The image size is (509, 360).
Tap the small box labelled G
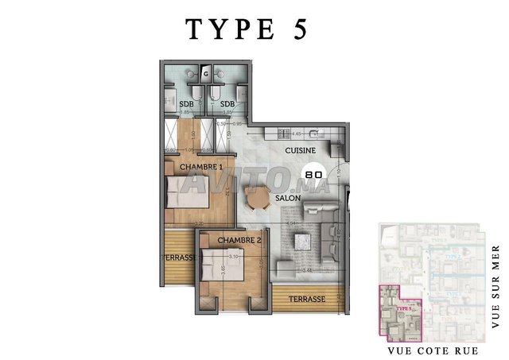tap(205, 74)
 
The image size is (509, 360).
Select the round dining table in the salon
tap(258, 199)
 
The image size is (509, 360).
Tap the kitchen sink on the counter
tap(314, 134)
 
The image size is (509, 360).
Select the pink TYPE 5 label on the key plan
tap(403, 307)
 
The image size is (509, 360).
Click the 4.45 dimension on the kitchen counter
tap(297, 134)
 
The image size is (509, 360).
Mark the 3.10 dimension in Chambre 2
tap(235, 257)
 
